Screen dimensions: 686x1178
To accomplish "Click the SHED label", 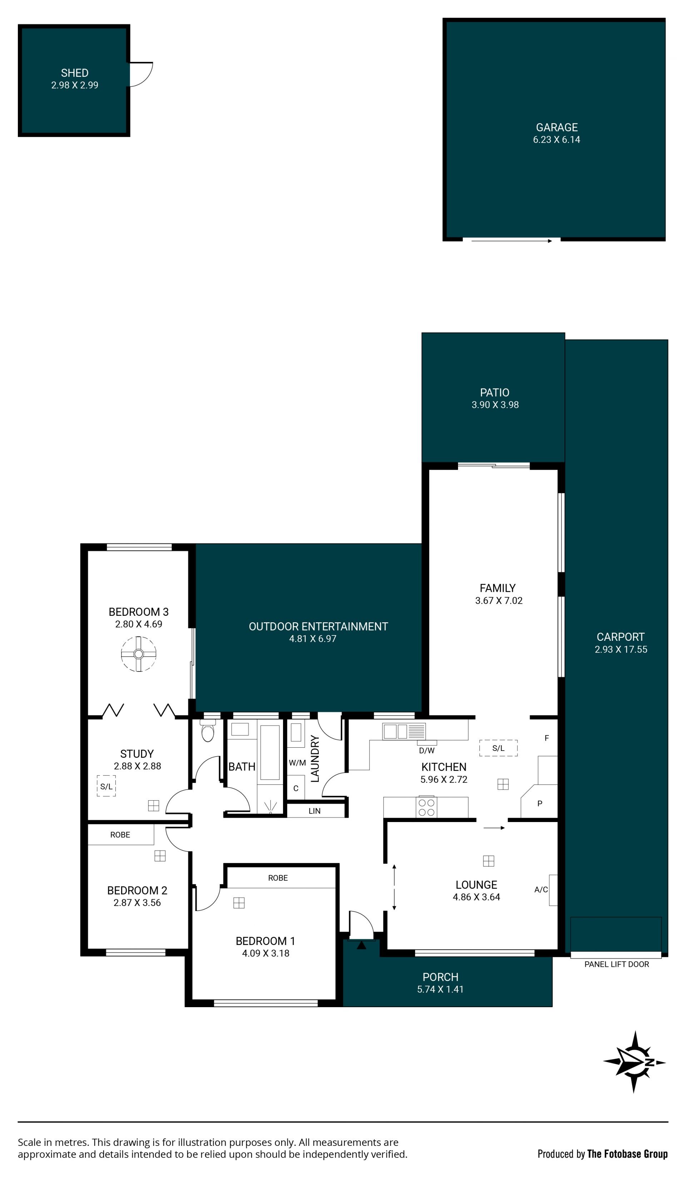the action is tap(74, 73).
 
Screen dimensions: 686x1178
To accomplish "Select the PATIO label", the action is tap(494, 393).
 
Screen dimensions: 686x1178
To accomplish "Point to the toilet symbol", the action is tap(208, 730).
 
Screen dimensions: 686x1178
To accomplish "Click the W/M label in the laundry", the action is tap(297, 763).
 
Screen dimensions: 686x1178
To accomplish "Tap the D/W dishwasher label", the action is tap(427, 751).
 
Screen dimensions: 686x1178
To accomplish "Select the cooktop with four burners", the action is tap(426, 807).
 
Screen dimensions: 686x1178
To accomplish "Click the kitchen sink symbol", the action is tap(404, 731).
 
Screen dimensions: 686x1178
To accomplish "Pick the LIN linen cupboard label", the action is tap(314, 811).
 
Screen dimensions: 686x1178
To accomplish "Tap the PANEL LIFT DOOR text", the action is tap(616, 964).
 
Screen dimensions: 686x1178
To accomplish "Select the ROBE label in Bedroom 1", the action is tap(278, 878).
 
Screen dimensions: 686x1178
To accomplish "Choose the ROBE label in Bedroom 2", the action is tap(120, 835).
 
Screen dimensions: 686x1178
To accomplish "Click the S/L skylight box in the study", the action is tap(106, 786).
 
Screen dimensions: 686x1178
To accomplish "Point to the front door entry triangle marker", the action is tap(361, 945).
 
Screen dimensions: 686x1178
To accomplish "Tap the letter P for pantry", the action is tap(540, 803).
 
